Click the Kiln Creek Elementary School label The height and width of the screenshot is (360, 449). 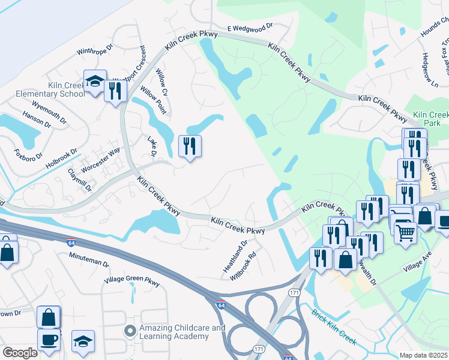(x=50, y=89)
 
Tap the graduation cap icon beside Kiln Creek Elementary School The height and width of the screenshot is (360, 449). (x=95, y=82)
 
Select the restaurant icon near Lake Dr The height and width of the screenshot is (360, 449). (x=190, y=146)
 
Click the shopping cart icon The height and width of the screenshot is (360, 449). (x=406, y=232)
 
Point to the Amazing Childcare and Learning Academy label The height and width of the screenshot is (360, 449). (x=174, y=332)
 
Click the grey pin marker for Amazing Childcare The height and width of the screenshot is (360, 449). (x=130, y=331)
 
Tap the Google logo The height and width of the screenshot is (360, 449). (x=20, y=353)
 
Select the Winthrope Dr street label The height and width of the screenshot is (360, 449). (x=95, y=49)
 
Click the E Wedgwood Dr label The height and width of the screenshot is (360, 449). (x=250, y=27)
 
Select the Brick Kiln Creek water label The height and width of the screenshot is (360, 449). (x=334, y=328)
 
